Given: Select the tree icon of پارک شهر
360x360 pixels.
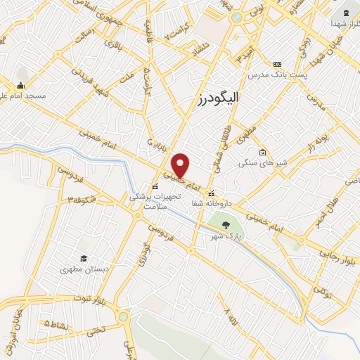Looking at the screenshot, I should [226, 225].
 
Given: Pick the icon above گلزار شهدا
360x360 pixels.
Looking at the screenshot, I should [345, 13].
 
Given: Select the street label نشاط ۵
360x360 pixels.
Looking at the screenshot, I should [56, 324].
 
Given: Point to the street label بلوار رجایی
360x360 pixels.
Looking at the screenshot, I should [337, 254].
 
